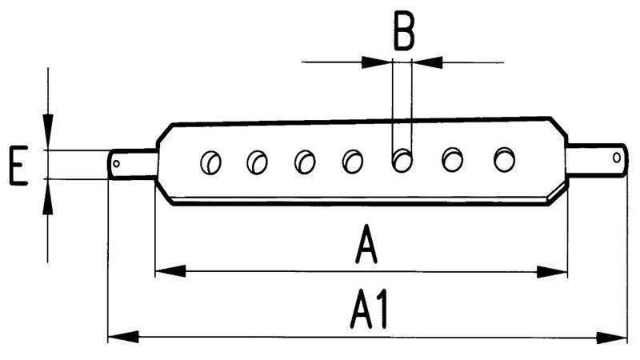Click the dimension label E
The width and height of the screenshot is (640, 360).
click(18, 166)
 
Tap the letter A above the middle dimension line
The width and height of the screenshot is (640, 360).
click(366, 244)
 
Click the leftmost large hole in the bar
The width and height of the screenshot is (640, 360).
click(210, 162)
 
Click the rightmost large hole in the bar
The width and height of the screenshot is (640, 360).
click(504, 159)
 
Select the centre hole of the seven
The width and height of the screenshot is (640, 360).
click(353, 162)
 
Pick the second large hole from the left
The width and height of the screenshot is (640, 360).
click(257, 162)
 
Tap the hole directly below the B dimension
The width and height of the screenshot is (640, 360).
click(402, 160)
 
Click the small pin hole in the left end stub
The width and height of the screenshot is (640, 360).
click(117, 165)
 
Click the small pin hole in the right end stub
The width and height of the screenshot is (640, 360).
click(616, 157)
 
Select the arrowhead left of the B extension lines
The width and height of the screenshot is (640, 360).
click(378, 61)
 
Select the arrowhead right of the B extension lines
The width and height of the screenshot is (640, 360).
click(427, 61)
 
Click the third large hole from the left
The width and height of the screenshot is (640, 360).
click(305, 162)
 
